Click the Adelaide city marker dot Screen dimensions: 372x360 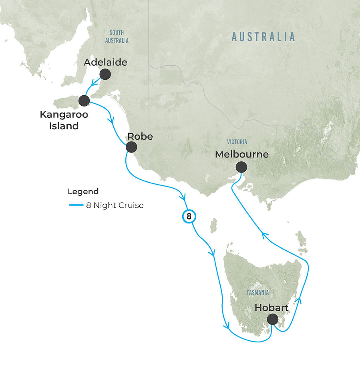[x=105, y=74]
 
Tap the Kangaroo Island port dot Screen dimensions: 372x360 [x=84, y=101]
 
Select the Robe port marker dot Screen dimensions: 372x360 [x=131, y=147]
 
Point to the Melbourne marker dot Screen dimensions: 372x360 [x=241, y=167]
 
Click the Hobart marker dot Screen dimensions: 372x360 [x=272, y=319]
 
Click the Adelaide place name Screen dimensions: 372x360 [x=105, y=62]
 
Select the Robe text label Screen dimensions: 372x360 [x=140, y=136]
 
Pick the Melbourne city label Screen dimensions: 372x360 [x=241, y=154]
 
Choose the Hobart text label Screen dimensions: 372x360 [x=272, y=308]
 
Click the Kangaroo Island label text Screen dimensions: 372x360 [x=64, y=120]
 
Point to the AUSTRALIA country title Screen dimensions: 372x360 [x=263, y=37]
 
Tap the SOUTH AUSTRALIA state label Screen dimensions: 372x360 [x=117, y=36]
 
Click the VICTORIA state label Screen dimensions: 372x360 [x=237, y=142]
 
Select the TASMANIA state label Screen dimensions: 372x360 [x=257, y=293]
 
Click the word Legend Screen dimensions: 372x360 [x=83, y=191]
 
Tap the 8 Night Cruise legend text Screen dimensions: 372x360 [x=115, y=205]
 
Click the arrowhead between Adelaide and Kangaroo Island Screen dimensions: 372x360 [x=94, y=83]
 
